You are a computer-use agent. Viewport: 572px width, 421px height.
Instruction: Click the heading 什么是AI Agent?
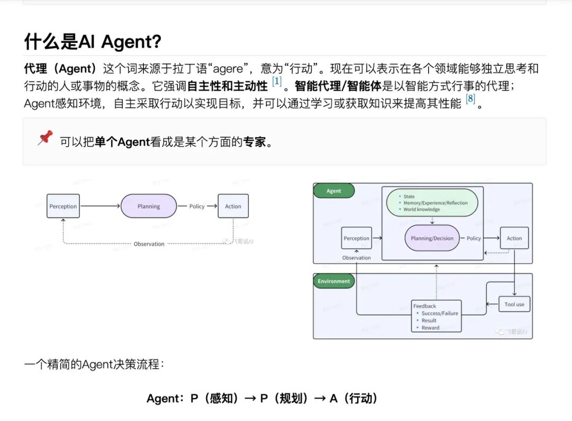coord(93,41)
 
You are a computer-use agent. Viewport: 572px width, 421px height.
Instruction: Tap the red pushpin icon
coord(45,138)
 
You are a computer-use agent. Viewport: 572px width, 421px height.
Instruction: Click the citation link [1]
coord(276,82)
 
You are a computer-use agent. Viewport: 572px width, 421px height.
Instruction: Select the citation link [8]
coord(470,98)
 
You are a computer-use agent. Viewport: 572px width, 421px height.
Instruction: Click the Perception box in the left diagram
coord(63,207)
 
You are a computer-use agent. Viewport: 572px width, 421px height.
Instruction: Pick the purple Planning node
coord(148,207)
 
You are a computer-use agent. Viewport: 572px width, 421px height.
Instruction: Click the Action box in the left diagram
coord(233,207)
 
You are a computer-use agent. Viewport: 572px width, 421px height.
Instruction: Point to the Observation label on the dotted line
coord(149,244)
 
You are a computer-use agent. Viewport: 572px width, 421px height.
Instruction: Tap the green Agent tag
coord(334,191)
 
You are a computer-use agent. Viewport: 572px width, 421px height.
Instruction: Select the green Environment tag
coord(334,281)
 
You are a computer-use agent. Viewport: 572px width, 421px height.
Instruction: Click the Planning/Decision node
coord(432,238)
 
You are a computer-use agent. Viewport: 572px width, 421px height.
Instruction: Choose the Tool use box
coord(514,304)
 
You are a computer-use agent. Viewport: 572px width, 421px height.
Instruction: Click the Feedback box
coord(436,316)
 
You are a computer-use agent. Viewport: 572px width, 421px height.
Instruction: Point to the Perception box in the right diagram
coord(356,238)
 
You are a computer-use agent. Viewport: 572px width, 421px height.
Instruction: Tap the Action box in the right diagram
coord(514,238)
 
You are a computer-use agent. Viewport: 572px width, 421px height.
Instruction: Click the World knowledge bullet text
coord(422,209)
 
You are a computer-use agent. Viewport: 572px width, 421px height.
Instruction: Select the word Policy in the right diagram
coord(473,238)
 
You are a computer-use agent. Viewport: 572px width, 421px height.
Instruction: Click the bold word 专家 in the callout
coord(254,141)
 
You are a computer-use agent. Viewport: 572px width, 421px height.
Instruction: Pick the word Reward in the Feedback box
coord(431,328)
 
